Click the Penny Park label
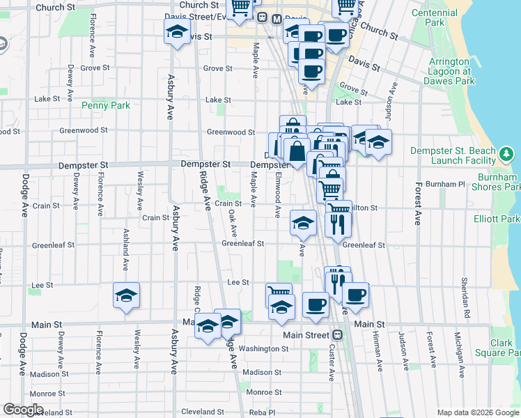[x=106, y=105]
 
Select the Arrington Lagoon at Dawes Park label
[x=449, y=71]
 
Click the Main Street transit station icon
[x=337, y=334]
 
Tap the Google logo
[x=23, y=410]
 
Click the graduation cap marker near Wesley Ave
[x=127, y=296]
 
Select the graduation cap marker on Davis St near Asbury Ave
[x=178, y=31]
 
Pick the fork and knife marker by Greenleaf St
[x=338, y=223]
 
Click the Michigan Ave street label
[x=459, y=351]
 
